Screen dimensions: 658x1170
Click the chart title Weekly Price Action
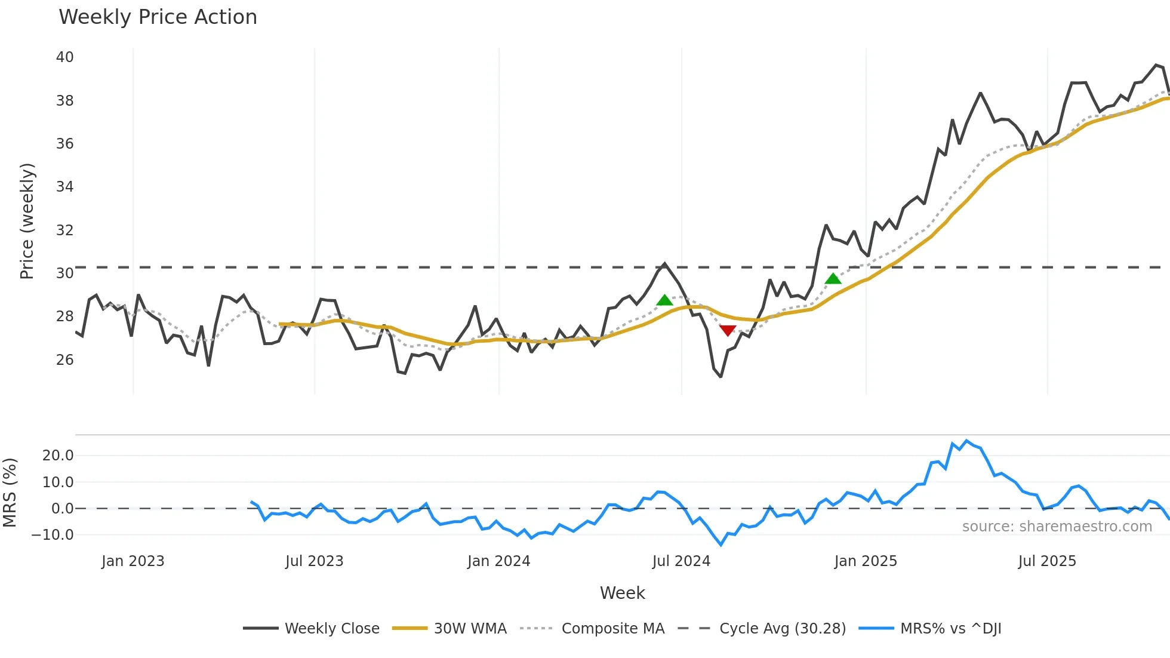158,17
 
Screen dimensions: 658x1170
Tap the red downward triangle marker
728,330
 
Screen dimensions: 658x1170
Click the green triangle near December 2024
833,278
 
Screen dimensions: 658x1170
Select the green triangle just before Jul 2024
664,300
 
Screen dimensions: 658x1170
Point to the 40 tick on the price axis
64,57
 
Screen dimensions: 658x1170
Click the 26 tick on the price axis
64,360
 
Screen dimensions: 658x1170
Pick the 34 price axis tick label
64,187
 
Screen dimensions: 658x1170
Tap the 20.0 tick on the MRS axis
58,456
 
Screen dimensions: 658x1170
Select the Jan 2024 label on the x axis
498,561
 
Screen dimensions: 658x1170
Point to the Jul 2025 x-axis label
1046,561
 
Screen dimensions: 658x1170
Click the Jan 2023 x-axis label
133,561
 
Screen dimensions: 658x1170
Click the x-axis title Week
622,593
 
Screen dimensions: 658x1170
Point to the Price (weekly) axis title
27,221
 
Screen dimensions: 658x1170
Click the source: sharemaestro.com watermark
1057,527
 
